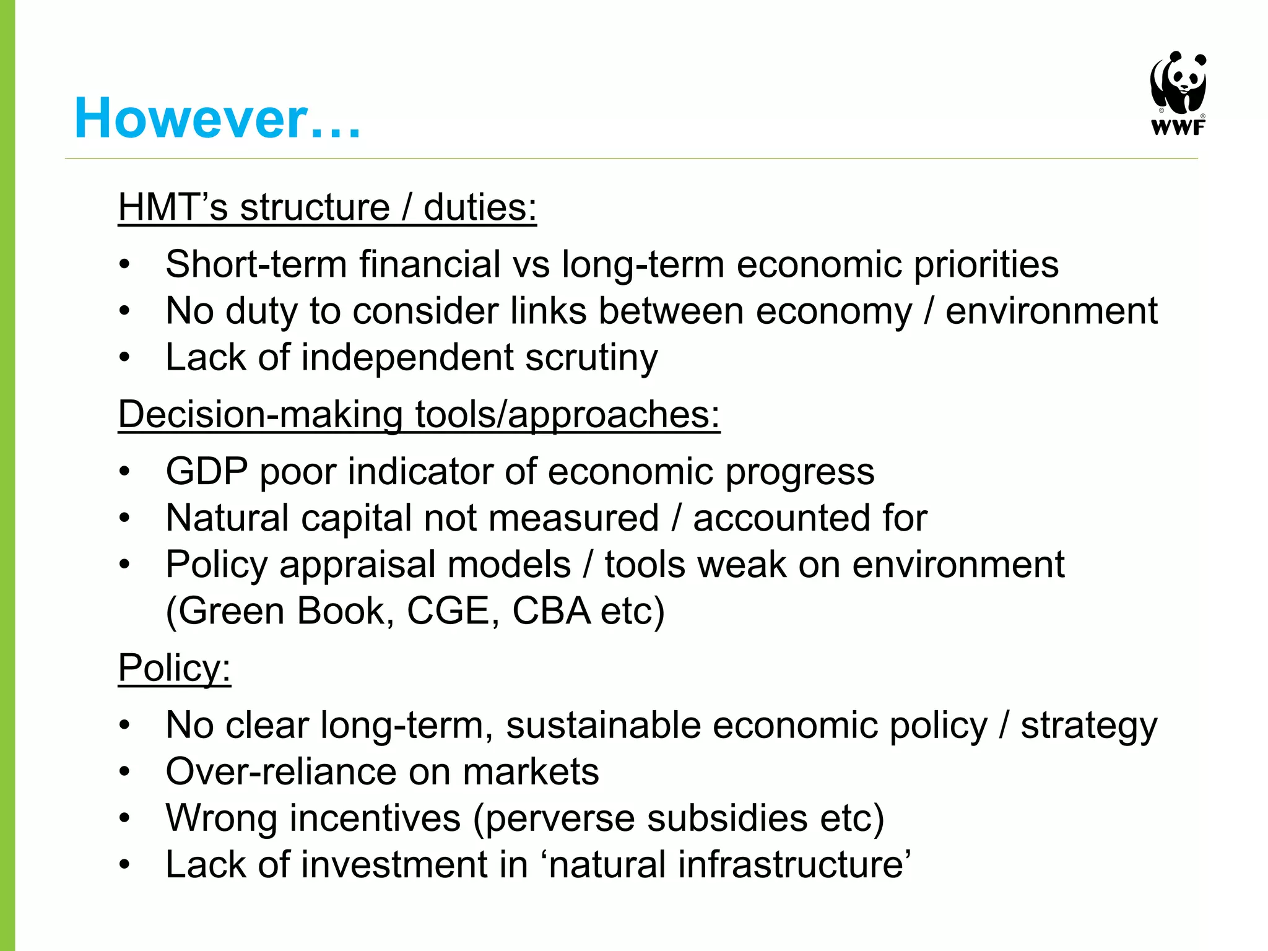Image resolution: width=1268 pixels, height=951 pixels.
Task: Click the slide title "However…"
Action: point(217,118)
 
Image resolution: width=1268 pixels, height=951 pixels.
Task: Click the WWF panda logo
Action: point(1178,83)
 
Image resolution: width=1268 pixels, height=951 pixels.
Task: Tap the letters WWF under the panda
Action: point(1178,128)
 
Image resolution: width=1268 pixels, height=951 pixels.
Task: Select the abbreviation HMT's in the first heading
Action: point(173,207)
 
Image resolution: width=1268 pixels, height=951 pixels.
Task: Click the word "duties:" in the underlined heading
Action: point(480,207)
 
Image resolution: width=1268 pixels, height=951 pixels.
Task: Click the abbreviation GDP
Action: point(207,472)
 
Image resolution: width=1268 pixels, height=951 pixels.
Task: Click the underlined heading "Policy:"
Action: point(174,668)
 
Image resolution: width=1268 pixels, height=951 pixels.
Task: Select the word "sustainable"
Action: point(603,725)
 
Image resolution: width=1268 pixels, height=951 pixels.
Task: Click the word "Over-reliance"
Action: point(281,772)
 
